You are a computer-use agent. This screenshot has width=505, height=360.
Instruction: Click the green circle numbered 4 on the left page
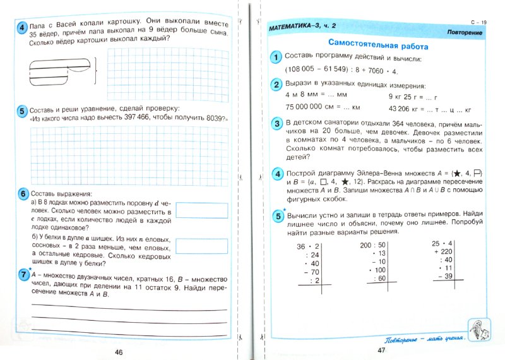pyautogui.click(x=21, y=27)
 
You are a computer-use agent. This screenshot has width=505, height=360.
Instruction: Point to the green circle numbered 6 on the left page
pyautogui.click(x=21, y=193)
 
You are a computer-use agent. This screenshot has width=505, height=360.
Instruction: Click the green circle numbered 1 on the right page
pyautogui.click(x=275, y=58)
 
